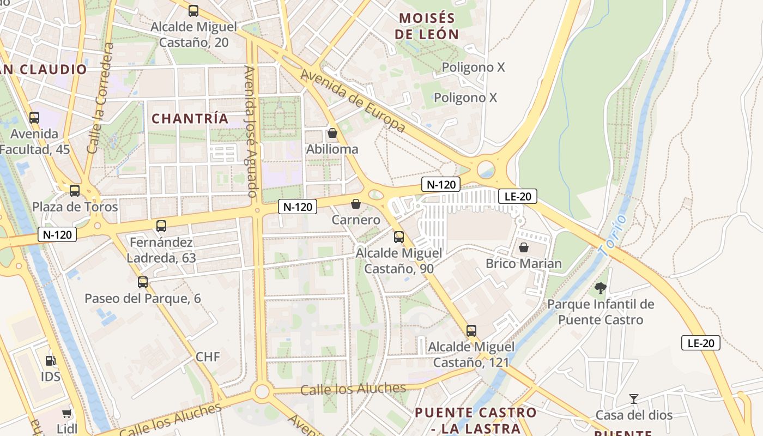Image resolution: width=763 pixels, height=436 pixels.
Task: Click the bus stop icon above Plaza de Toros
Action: coord(75,191)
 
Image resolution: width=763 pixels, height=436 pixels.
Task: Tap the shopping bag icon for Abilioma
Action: coord(332,133)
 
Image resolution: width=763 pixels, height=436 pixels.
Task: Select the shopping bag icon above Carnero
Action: coord(356,204)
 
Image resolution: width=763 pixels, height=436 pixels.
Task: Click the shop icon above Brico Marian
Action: coord(524,247)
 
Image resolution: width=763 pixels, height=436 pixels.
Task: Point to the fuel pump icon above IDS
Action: coord(50,360)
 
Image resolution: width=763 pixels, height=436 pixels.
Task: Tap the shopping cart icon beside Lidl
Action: coord(66,414)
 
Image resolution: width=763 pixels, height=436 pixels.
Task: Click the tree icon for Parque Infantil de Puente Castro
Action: coord(601,288)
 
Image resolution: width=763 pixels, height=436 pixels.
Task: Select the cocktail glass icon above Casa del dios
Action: coord(633,399)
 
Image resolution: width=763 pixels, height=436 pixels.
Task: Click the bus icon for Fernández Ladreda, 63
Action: coord(161,226)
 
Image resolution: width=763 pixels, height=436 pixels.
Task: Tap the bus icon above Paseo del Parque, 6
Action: coord(143,282)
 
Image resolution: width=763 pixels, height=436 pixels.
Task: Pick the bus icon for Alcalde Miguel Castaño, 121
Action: coord(471,330)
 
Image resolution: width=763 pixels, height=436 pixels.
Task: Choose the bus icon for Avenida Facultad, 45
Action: coord(34,118)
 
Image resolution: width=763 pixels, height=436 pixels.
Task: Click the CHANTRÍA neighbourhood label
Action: coord(190,119)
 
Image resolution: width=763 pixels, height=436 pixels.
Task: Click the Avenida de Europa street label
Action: coord(353,101)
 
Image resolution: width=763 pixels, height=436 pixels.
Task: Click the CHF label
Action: coord(208,357)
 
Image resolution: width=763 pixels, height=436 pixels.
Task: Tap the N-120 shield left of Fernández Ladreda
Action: coord(57,235)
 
